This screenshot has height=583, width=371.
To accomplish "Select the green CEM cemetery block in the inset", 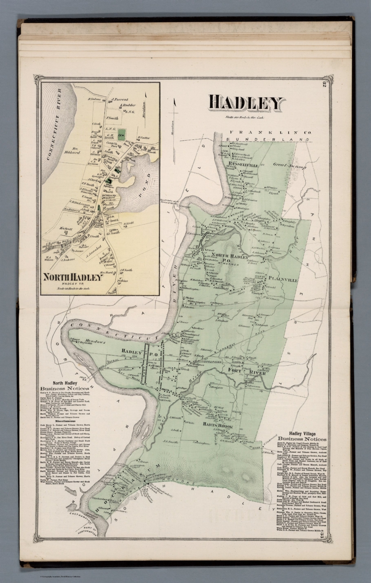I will [122, 135].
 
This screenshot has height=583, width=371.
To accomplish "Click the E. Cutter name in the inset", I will [144, 137].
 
